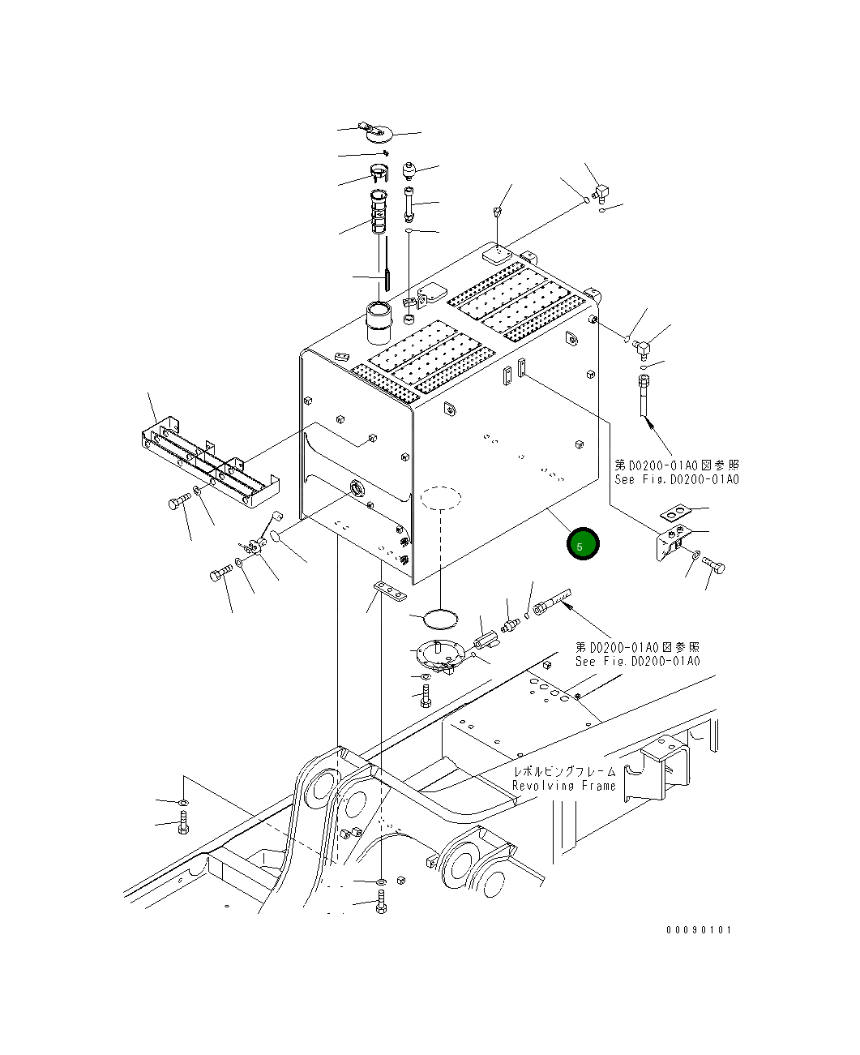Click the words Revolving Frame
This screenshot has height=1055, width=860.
click(564, 786)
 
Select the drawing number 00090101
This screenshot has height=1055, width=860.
click(698, 929)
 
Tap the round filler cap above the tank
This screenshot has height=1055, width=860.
click(377, 131)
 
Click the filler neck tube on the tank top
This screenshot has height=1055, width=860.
click(379, 321)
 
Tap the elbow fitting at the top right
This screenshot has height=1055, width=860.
click(601, 192)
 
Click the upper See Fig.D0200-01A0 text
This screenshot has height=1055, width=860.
click(676, 480)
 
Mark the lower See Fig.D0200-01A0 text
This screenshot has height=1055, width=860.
click(637, 661)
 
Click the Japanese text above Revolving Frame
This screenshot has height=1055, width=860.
click(564, 772)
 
